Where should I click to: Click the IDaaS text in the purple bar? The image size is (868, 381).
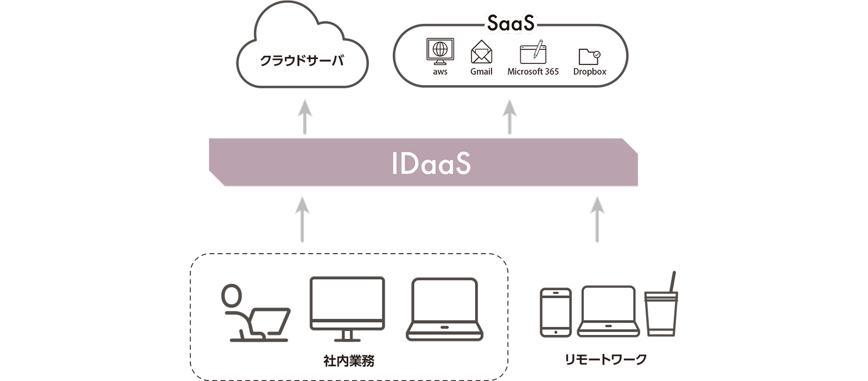click(x=431, y=163)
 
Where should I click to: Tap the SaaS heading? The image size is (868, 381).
click(x=510, y=23)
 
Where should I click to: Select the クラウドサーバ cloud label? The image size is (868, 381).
click(x=302, y=60)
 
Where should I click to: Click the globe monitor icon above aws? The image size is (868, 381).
click(x=440, y=51)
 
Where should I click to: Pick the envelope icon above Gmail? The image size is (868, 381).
click(x=481, y=53)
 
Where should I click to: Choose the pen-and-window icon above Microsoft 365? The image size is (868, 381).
click(x=533, y=52)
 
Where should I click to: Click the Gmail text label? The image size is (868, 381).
click(x=481, y=72)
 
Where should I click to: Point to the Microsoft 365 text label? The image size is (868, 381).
click(x=533, y=72)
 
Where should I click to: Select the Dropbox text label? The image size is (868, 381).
click(x=590, y=72)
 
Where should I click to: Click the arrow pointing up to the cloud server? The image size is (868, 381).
click(x=305, y=116)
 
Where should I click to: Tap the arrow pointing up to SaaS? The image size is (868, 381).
click(x=509, y=116)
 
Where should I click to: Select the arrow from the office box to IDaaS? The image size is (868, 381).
click(x=302, y=219)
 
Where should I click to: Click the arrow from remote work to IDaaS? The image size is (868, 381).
click(x=597, y=219)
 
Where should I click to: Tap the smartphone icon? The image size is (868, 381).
click(x=556, y=313)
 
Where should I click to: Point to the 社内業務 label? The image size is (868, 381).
click(x=349, y=360)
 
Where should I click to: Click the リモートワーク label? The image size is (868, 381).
click(x=605, y=359)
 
